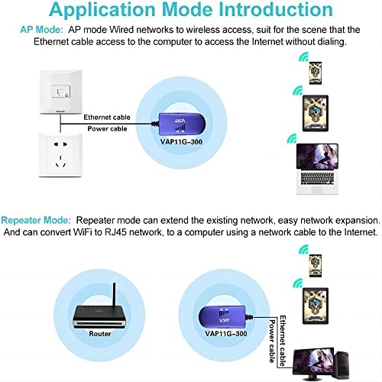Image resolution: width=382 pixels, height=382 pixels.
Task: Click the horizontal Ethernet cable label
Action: (x=107, y=117)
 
